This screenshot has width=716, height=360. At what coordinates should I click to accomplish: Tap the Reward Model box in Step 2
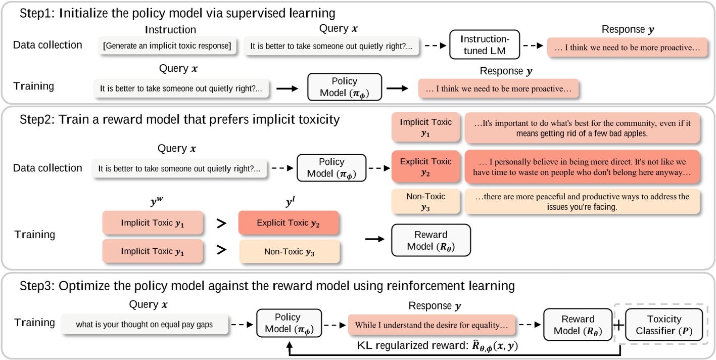click(431, 240)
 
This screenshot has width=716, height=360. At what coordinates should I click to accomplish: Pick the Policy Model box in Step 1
click(344, 87)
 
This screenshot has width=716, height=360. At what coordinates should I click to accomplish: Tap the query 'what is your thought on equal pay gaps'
click(144, 325)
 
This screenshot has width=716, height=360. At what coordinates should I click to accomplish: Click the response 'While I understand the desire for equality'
click(431, 325)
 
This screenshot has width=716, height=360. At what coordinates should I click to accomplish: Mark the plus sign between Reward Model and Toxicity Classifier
click(617, 324)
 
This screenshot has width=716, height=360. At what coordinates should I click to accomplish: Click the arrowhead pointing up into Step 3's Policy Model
click(290, 344)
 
